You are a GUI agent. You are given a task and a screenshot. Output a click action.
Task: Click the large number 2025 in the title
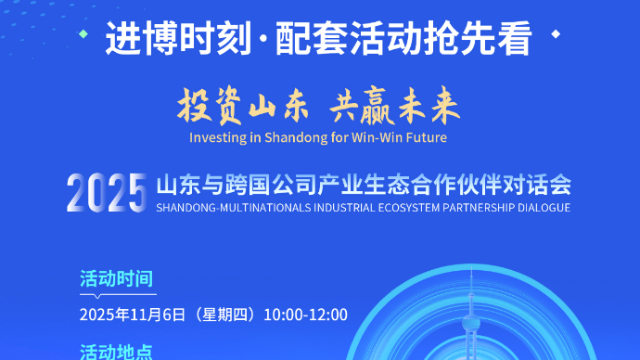[107, 192]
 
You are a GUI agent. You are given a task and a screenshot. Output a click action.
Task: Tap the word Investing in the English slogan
[214, 138]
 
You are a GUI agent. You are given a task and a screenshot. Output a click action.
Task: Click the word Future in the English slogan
[426, 138]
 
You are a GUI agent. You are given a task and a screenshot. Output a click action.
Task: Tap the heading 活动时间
[116, 278]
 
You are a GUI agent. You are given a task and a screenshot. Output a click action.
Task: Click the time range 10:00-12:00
[306, 315]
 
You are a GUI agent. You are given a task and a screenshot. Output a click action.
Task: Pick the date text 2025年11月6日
[134, 315]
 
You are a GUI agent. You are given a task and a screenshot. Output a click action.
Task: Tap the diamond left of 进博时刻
[84, 35]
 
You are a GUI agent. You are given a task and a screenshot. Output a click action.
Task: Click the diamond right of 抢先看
[556, 35]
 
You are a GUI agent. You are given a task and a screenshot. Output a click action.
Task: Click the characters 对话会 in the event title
[546, 184]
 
